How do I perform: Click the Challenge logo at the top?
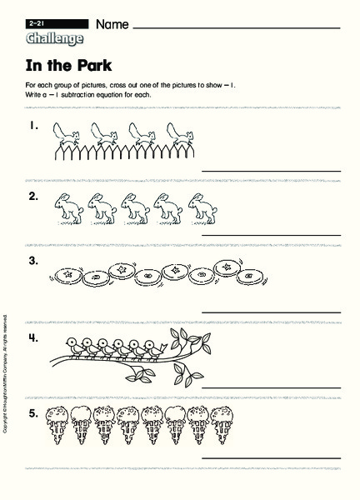(x=54, y=38)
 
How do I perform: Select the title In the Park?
(x=67, y=65)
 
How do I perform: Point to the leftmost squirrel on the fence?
(x=65, y=132)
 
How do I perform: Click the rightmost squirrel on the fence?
(x=177, y=132)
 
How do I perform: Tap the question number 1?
(x=33, y=127)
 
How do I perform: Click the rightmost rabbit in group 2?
(x=197, y=207)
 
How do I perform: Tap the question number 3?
(x=33, y=262)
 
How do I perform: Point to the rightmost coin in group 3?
(x=227, y=268)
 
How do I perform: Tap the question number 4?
(x=33, y=337)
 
